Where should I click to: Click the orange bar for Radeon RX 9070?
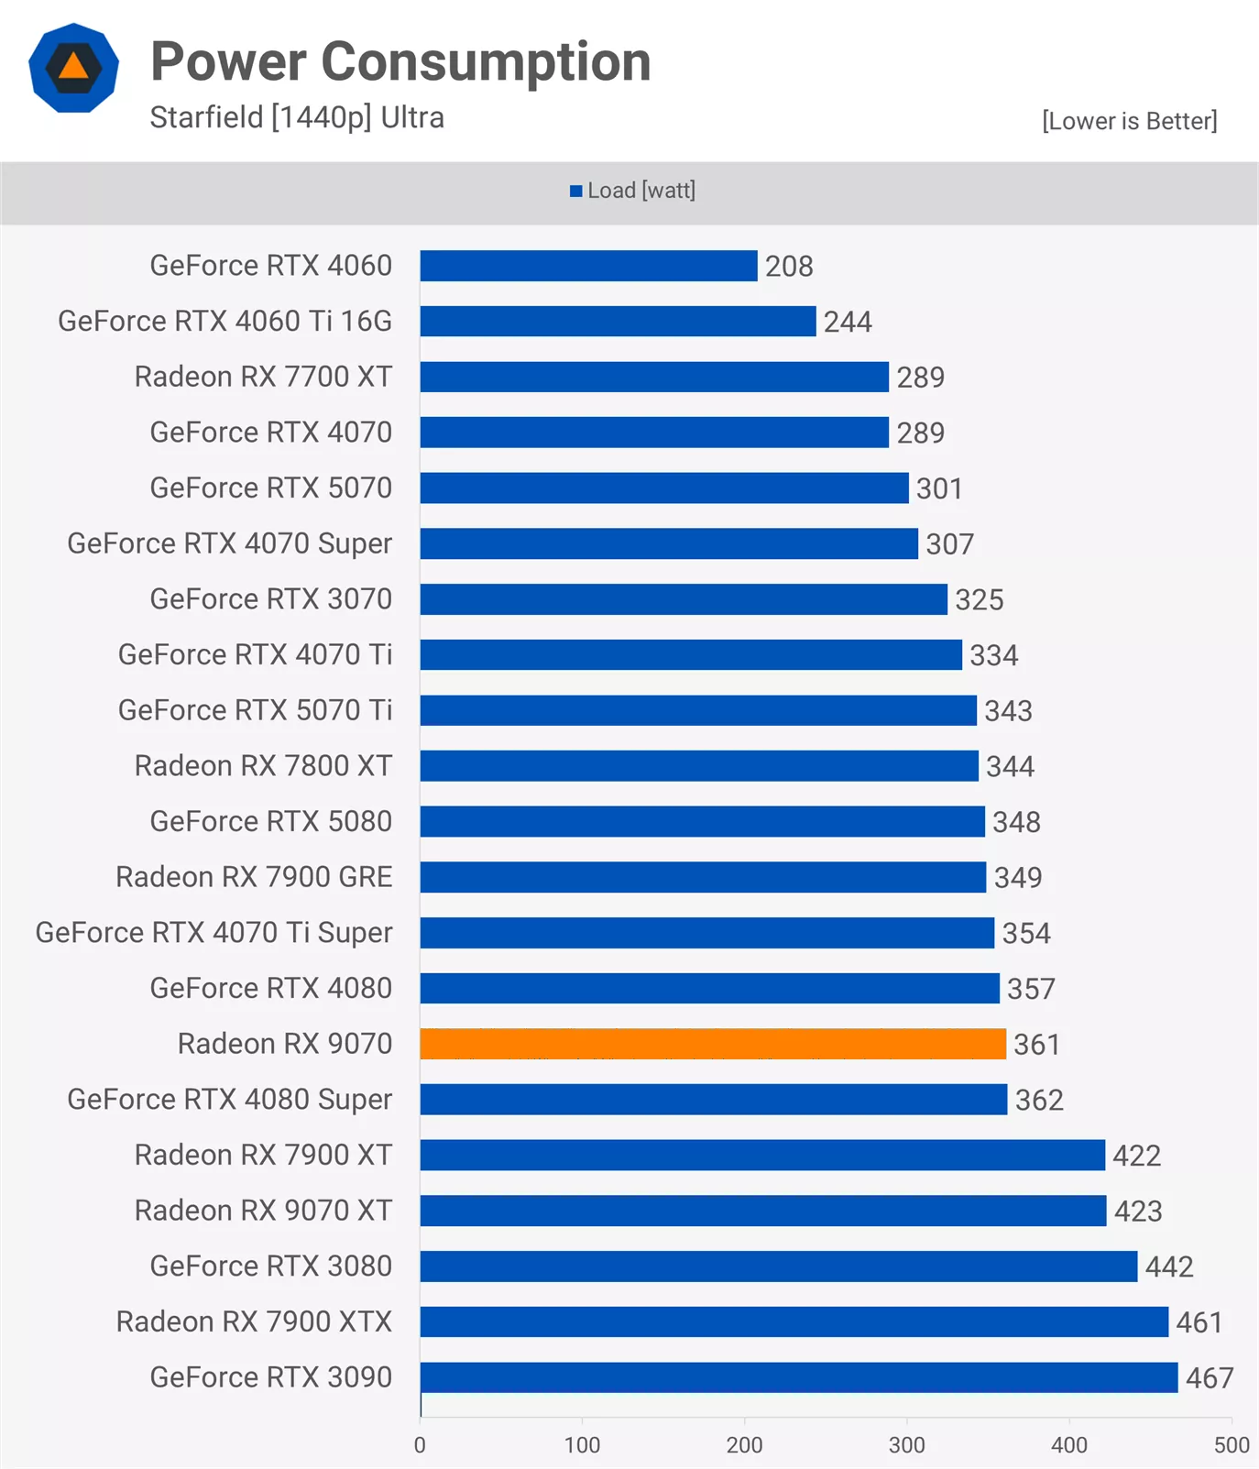713,1044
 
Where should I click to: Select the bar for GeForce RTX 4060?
588,266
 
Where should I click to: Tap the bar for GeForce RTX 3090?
799,1377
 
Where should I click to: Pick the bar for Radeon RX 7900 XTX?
794,1321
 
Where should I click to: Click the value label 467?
1210,1378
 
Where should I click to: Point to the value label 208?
789,267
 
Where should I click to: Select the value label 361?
1036,1045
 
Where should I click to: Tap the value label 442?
1169,1267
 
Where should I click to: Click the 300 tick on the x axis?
906,1445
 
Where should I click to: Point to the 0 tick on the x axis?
420,1445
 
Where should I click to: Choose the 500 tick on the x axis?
1231,1445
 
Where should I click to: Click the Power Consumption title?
400,61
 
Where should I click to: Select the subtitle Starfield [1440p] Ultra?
297,118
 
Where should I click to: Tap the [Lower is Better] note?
1129,121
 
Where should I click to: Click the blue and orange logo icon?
73,68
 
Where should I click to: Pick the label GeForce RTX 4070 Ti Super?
213,933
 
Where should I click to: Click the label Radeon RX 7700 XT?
263,377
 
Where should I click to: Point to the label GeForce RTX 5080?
270,821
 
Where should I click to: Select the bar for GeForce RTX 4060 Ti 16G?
618,322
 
